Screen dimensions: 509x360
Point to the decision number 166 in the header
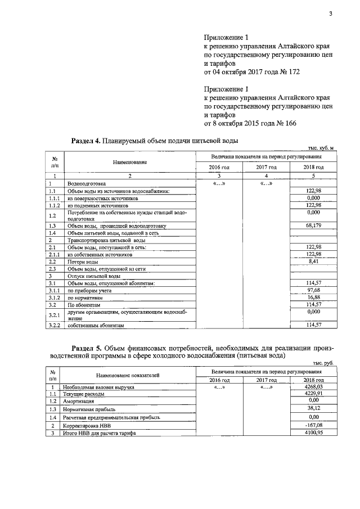point(287,123)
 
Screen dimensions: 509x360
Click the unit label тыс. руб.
point(323,363)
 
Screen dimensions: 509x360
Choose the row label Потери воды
point(79,262)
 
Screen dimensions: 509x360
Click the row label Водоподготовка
point(85,183)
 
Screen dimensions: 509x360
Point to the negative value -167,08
point(313,426)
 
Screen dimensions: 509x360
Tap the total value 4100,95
point(313,433)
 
